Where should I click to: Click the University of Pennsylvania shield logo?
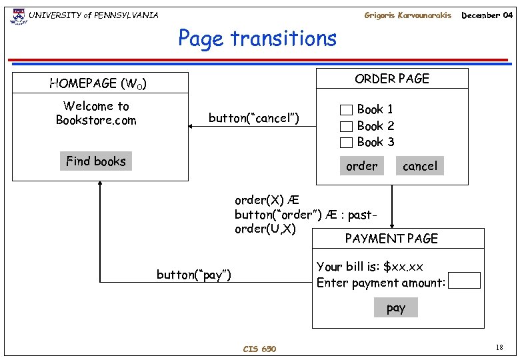coord(17,15)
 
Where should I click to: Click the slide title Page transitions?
coord(257,39)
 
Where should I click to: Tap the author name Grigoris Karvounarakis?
coord(407,15)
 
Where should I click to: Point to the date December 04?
coord(487,15)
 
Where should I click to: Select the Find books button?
coord(96,161)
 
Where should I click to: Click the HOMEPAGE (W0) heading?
coord(98,84)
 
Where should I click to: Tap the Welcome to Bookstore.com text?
coord(96,113)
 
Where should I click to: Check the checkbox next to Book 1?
coord(346,110)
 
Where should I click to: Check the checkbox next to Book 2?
coord(346,126)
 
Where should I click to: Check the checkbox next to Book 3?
coord(346,142)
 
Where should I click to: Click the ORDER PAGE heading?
coord(392,79)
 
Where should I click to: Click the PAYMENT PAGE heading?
coord(391,239)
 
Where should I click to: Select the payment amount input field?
coord(465,280)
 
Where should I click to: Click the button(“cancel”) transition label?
coord(254,119)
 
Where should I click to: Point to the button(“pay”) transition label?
coord(194,275)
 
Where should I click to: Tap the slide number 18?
coord(499,347)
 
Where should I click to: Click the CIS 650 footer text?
coord(259,349)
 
